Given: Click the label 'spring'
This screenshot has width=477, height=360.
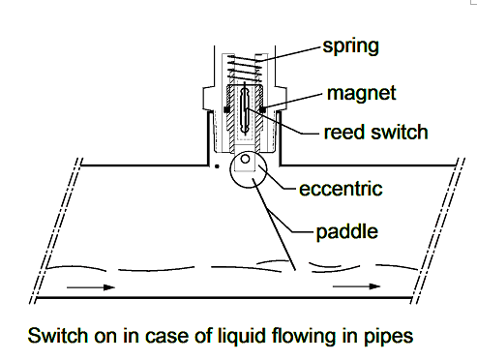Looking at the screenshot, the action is [351, 46].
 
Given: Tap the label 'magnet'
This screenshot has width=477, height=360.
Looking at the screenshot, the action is [361, 94].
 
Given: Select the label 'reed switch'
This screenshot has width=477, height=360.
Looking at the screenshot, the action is [375, 133].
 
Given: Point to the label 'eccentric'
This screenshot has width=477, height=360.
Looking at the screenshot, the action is [341, 189].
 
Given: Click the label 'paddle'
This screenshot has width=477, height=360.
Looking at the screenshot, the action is [346, 232].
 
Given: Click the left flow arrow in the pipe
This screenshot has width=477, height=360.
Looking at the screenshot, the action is [91, 287].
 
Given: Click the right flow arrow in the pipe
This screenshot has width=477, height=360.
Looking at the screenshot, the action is [356, 286].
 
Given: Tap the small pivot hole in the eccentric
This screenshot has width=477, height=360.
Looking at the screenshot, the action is [245, 159].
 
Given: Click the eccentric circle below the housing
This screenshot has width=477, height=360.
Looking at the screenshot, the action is [230, 169].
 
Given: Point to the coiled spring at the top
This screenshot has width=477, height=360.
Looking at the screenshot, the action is [244, 68].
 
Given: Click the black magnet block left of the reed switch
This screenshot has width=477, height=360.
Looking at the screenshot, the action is [226, 109].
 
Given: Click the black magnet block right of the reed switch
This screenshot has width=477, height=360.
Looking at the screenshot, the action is [262, 109].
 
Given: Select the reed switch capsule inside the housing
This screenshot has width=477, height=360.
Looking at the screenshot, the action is [245, 108].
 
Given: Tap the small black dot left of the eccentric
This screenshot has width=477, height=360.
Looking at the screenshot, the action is [217, 166].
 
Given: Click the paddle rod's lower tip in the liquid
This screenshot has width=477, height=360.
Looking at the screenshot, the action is [295, 270].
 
